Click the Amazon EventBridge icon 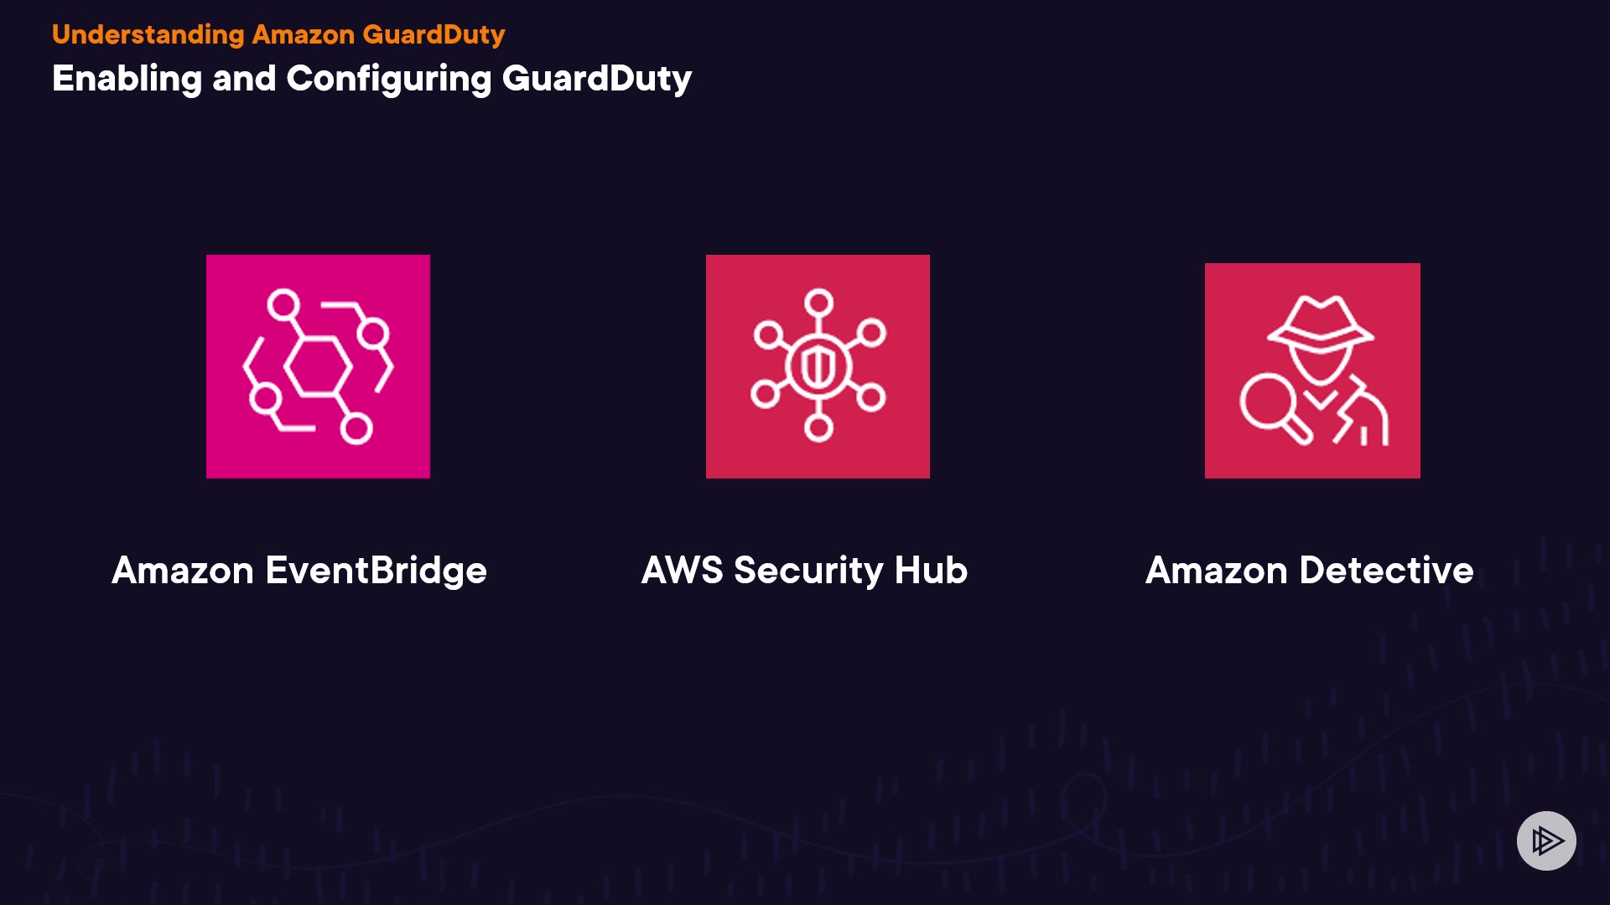coord(318,366)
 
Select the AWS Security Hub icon coord(818,366)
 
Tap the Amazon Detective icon coord(1312,370)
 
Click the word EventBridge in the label coord(376,571)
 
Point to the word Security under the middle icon coord(808,571)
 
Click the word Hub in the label coord(931,571)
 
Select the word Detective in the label coord(1386,571)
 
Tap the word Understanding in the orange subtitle coord(148,34)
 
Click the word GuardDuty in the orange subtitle coord(434,34)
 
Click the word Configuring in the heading coord(388,79)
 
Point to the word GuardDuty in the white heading coord(596,79)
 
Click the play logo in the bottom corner coord(1546,840)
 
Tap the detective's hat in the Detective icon coord(1320,323)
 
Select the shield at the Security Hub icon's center coord(818,367)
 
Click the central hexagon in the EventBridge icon coord(318,366)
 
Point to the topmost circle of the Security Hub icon coord(818,302)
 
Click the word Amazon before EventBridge coord(182,571)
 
